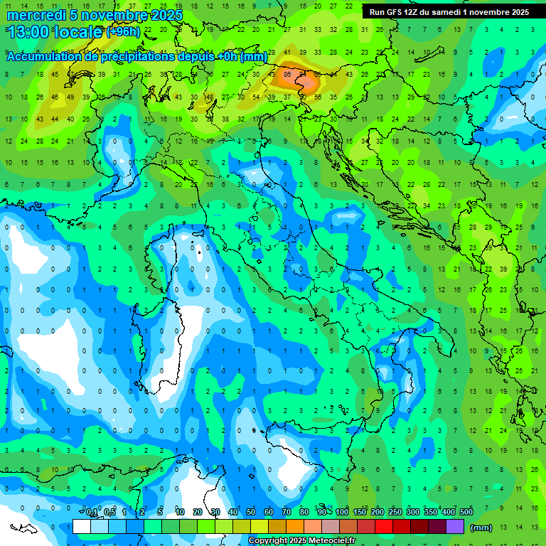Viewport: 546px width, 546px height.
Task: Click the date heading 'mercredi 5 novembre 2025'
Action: pyautogui.click(x=95, y=15)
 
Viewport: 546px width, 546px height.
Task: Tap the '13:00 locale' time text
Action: pyautogui.click(x=55, y=32)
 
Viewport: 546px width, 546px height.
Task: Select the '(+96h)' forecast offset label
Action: pyautogui.click(x=123, y=32)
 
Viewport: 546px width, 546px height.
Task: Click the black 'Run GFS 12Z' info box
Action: pyautogui.click(x=449, y=12)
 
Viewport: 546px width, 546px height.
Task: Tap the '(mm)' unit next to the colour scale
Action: pyautogui.click(x=481, y=528)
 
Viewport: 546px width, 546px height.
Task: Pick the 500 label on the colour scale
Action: pyautogui.click(x=466, y=513)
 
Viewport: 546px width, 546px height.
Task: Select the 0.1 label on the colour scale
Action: pyautogui.click(x=92, y=513)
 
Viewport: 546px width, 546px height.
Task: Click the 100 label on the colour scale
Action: pyautogui.click(x=342, y=513)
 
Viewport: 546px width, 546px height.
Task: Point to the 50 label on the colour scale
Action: pyautogui.click(x=251, y=513)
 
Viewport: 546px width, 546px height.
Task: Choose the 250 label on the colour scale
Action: pyautogui.click(x=395, y=513)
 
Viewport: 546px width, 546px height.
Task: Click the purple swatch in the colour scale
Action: pyautogui.click(x=455, y=527)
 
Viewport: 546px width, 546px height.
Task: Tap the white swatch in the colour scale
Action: pyautogui.click(x=82, y=527)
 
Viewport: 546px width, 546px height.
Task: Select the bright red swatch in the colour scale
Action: pyautogui.click(x=384, y=527)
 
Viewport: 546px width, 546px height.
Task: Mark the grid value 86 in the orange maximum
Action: pyautogui.click(x=287, y=74)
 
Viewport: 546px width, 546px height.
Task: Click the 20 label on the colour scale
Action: pyautogui.click(x=198, y=513)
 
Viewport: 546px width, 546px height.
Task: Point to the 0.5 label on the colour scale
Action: pyautogui.click(x=109, y=513)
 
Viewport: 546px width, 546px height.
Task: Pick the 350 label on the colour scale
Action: pyautogui.click(x=431, y=513)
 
